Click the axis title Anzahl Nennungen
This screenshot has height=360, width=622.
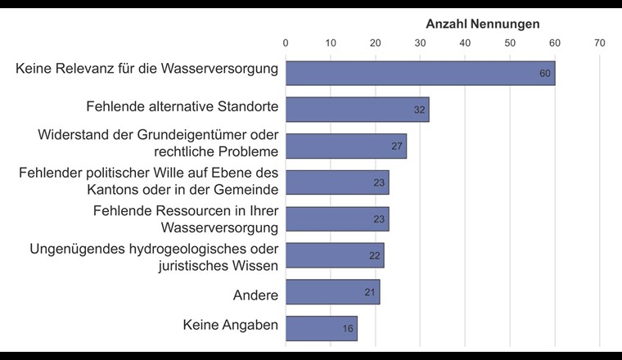pyautogui.click(x=483, y=24)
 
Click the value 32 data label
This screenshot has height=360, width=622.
pyautogui.click(x=420, y=110)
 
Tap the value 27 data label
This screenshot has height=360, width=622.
pyautogui.click(x=398, y=146)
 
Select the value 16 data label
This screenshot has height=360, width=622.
pyautogui.click(x=348, y=329)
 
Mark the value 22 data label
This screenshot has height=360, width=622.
pyautogui.click(x=375, y=256)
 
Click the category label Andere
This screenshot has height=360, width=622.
pyautogui.click(x=255, y=295)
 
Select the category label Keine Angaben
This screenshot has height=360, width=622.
pyautogui.click(x=231, y=326)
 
